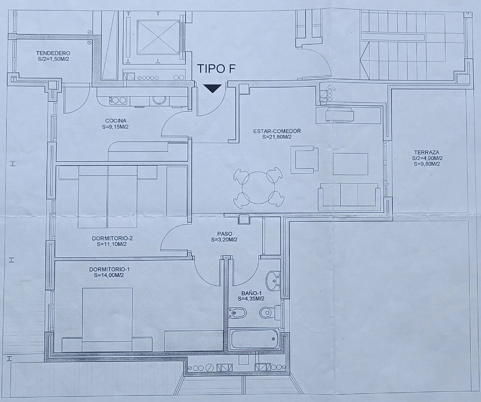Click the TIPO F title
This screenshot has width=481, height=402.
click(x=216, y=69)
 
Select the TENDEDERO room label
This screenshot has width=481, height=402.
click(x=53, y=53)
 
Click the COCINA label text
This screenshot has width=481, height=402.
click(x=116, y=121)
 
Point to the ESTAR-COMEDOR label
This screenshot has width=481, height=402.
click(x=277, y=131)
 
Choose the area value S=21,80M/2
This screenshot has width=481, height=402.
click(x=277, y=137)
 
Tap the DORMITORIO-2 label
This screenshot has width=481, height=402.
click(x=112, y=238)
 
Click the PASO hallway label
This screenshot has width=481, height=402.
click(x=224, y=234)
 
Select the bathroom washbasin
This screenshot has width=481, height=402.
click(x=273, y=281)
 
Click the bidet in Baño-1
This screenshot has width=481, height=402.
click(x=237, y=313)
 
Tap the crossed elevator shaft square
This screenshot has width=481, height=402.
click(x=158, y=37)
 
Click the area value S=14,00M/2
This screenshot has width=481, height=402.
click(x=109, y=275)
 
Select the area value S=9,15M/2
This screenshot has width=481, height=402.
click(x=115, y=126)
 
